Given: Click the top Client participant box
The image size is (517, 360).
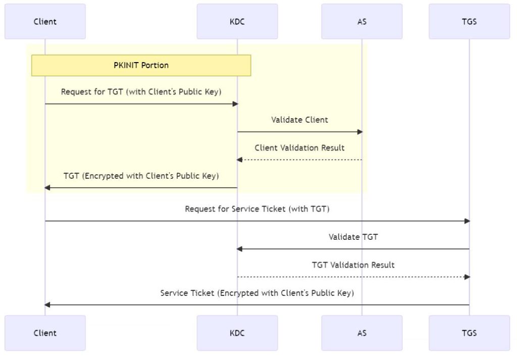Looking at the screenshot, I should point(45,21).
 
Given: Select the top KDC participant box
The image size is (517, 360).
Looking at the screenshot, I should point(237,21).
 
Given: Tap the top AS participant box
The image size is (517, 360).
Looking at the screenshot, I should point(361,21).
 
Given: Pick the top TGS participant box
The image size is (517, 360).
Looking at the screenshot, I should point(469,21).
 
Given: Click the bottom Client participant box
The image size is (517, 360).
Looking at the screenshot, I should point(45,333).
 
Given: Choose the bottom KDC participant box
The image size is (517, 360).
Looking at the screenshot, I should point(237,333).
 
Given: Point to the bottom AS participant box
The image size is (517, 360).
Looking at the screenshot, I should point(361,333).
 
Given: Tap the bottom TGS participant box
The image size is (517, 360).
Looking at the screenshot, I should point(469,333).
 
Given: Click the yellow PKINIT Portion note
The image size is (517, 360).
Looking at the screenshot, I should point(141,66).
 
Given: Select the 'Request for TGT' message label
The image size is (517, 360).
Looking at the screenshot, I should point(141,92).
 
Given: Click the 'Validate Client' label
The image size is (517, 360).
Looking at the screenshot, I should point(299,120).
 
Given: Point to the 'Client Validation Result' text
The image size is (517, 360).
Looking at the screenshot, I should point(299,148).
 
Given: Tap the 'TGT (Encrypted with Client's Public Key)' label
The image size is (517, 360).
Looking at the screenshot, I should point(141,176).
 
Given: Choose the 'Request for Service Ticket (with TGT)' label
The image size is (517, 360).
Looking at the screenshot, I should point(257,209).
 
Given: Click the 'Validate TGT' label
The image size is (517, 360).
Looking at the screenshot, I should point(353,236).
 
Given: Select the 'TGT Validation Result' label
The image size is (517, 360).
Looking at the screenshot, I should point(353,265).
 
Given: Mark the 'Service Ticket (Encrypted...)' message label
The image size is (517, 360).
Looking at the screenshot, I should point(257,293).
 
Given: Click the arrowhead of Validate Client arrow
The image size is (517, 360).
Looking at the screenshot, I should point(360,132).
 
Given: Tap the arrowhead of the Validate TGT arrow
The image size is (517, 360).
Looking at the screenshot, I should point(240,249).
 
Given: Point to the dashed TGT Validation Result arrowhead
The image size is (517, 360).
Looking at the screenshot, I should point(467,277).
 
